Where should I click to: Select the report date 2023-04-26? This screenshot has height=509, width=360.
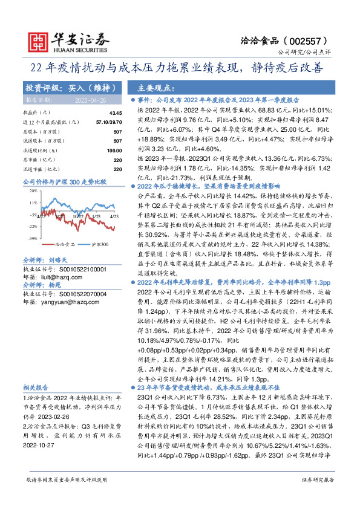90,100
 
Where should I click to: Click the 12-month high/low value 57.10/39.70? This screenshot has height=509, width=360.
109,122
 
